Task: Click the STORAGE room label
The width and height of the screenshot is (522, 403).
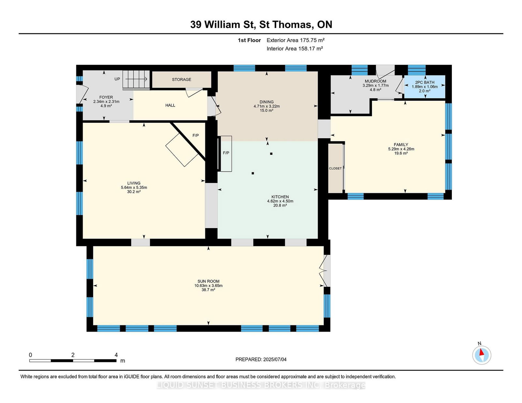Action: click(x=181, y=79)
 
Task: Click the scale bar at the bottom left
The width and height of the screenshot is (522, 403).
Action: click(x=73, y=361)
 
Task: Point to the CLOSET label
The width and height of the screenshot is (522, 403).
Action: click(x=335, y=168)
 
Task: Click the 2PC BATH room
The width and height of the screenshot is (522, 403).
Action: click(x=424, y=87)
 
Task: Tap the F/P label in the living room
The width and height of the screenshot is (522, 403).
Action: click(x=195, y=136)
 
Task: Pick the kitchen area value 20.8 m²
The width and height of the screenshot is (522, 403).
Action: click(x=280, y=205)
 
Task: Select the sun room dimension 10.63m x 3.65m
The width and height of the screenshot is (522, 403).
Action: click(x=208, y=285)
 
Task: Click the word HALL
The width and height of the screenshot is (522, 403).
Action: click(x=170, y=105)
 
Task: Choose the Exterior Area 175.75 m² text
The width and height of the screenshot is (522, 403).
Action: click(x=296, y=40)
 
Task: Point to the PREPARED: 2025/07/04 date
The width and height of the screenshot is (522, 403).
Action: click(x=261, y=359)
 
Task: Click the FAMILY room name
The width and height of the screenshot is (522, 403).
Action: click(x=401, y=145)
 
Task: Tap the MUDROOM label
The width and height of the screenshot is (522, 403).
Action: click(x=376, y=81)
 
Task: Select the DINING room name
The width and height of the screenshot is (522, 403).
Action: click(x=267, y=102)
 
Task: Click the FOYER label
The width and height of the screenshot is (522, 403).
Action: click(x=106, y=97)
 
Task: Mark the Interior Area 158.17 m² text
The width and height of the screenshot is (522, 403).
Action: click(x=295, y=49)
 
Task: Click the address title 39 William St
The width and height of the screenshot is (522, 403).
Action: click(x=223, y=25)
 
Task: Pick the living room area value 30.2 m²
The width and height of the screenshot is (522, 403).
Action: click(x=134, y=192)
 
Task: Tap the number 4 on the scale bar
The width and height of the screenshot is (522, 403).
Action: click(x=116, y=355)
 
